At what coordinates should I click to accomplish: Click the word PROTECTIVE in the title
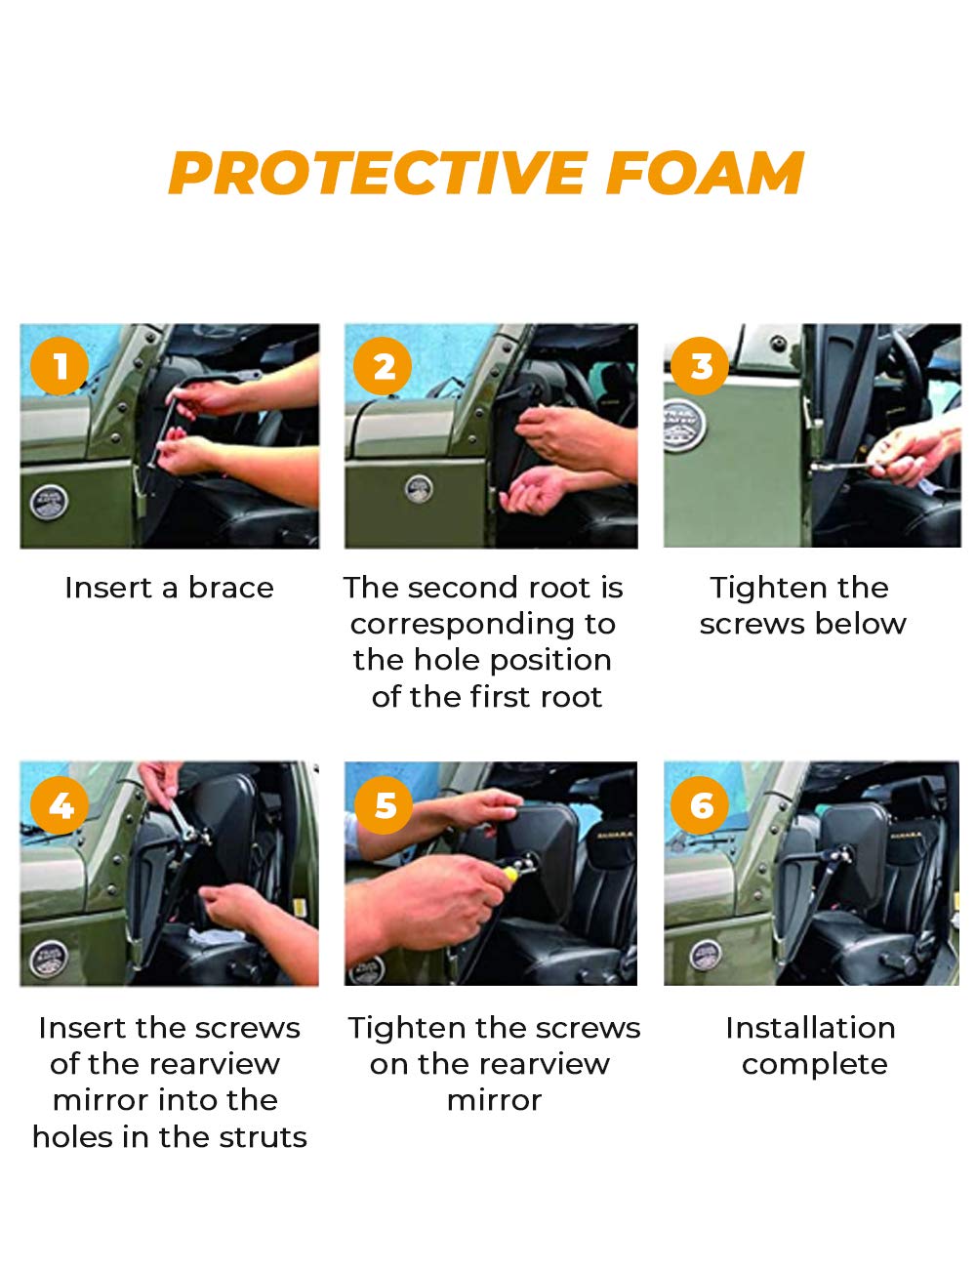[378, 173]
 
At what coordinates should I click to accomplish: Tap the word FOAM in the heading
[706, 173]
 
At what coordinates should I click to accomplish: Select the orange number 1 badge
[60, 366]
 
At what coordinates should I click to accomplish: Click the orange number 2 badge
[383, 366]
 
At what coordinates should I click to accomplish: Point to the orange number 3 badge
[700, 366]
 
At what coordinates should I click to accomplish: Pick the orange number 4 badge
[60, 805]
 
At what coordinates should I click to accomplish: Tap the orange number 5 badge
[384, 805]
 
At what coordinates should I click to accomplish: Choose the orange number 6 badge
[700, 805]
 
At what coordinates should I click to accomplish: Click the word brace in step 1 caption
[230, 588]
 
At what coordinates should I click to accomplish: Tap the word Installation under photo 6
[810, 1028]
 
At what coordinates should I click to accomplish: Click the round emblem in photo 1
[49, 502]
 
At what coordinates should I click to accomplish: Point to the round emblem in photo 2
[419, 488]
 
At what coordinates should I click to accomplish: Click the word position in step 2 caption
[550, 662]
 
